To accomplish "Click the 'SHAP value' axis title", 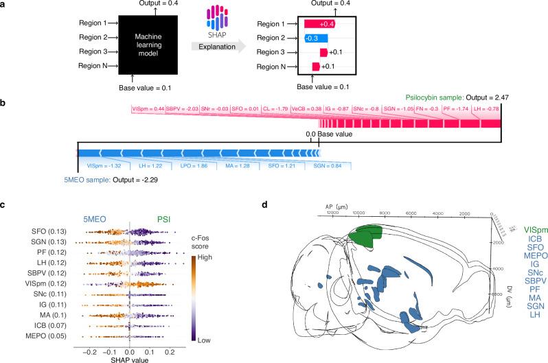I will [x=130, y=351].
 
